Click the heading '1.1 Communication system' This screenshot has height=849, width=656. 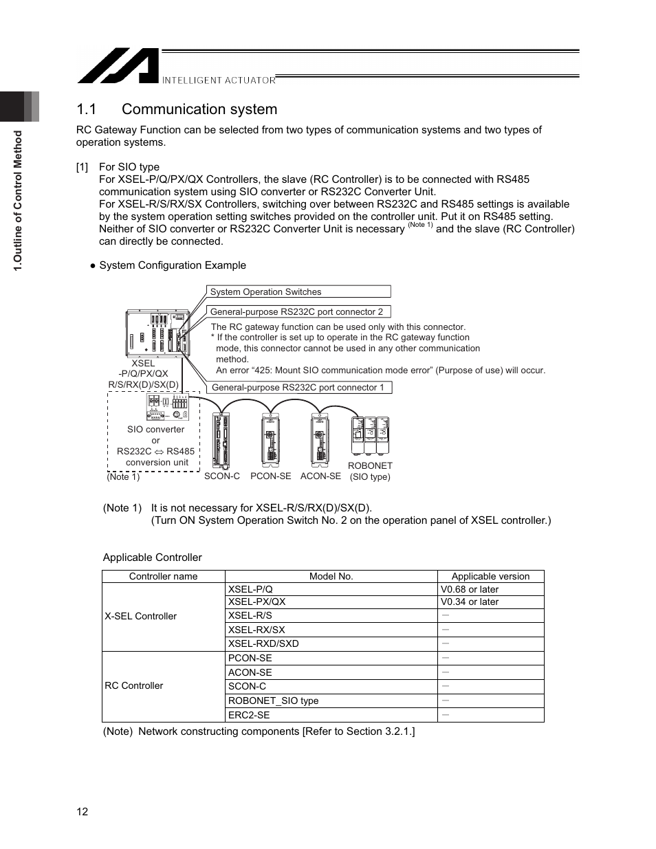point(177,109)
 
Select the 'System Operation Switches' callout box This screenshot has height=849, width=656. point(298,291)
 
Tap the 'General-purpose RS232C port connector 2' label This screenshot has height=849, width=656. point(298,311)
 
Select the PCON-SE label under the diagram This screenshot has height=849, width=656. point(270,476)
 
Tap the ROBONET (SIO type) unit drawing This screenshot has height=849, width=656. point(371,435)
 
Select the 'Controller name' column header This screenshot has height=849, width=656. point(164,576)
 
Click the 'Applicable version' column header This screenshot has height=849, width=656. point(490,576)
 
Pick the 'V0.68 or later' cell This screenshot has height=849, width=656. point(470,589)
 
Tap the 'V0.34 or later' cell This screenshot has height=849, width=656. point(470,602)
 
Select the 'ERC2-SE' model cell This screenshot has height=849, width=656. point(249,715)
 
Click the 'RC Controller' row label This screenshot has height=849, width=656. point(134,685)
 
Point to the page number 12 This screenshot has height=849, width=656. point(83,812)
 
